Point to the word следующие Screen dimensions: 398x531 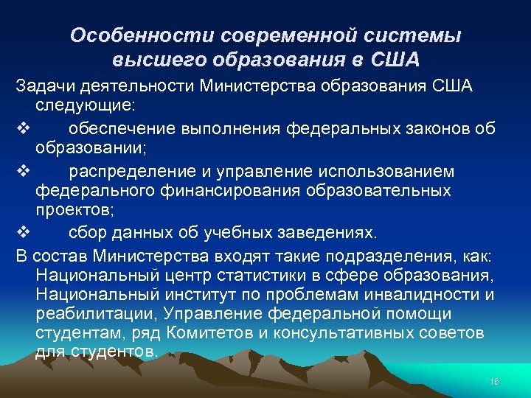coord(80,106)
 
